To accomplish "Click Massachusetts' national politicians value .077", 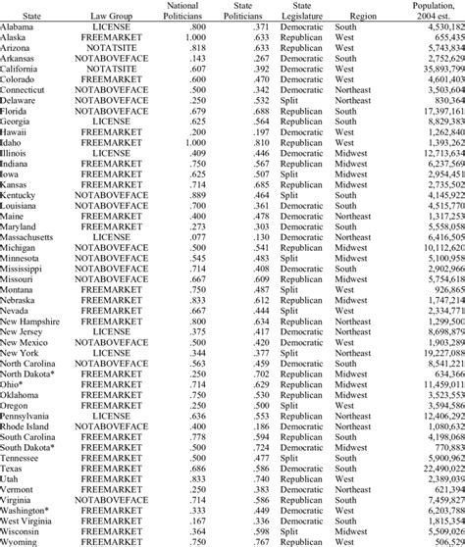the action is (x=194, y=237).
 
